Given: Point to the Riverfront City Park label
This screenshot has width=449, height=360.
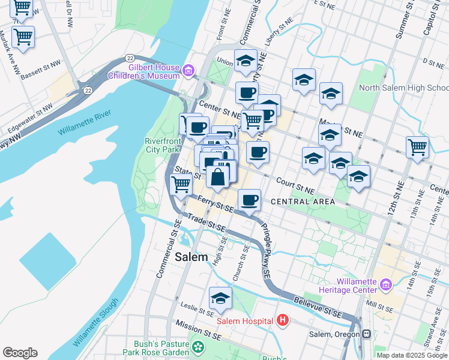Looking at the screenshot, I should (162, 145).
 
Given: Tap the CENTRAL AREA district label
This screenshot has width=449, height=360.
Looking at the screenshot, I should (303, 202).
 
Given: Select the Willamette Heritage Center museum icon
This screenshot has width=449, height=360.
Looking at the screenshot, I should (385, 284).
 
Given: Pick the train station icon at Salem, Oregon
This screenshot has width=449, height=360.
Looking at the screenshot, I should (366, 334).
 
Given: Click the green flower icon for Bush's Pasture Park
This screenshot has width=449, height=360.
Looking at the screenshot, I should (197, 346).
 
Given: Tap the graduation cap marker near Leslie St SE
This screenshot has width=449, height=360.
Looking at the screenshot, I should (220, 298).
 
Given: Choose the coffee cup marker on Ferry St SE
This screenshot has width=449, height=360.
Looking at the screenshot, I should (249, 199).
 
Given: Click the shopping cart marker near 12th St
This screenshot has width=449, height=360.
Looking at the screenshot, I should (417, 146).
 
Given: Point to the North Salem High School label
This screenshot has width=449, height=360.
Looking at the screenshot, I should (403, 88).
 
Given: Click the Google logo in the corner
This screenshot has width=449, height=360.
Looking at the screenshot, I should (20, 353).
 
